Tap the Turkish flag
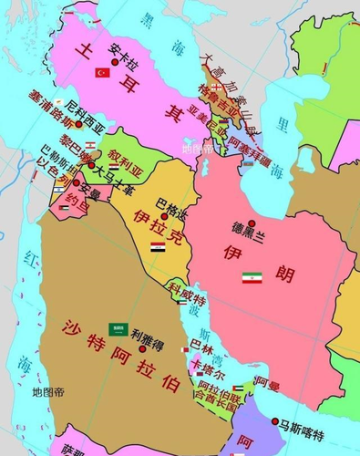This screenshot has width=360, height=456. pos(102,72)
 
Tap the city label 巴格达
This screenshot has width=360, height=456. pos(172,202)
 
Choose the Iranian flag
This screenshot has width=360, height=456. pos(252,277)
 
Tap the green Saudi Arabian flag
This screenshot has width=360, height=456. pos(118,328)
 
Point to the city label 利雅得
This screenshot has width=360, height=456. pos(150,333)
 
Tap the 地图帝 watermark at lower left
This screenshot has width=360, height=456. pos(48,393)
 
